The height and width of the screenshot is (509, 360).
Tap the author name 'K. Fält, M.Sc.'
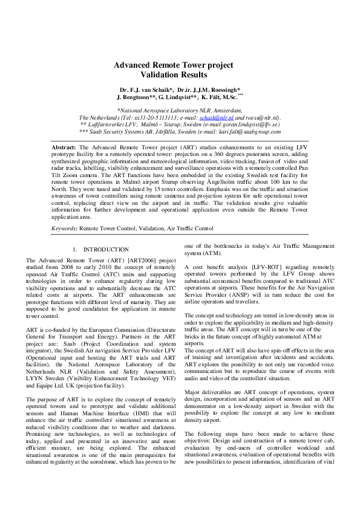pos(220,97)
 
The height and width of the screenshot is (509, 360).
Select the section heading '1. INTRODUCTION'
pos(100,249)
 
